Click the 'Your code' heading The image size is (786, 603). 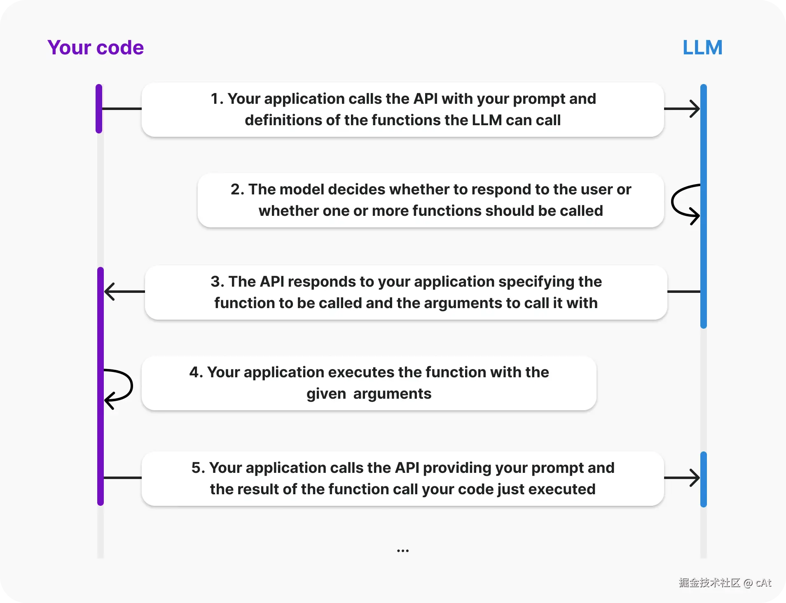click(96, 47)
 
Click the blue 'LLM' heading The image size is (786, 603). click(702, 47)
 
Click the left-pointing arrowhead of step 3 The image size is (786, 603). click(109, 292)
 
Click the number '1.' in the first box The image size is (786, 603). click(217, 99)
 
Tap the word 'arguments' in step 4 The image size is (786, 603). click(392, 394)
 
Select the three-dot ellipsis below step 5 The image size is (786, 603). click(402, 550)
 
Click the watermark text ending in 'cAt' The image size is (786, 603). click(725, 582)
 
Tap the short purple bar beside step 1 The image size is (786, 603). click(99, 109)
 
